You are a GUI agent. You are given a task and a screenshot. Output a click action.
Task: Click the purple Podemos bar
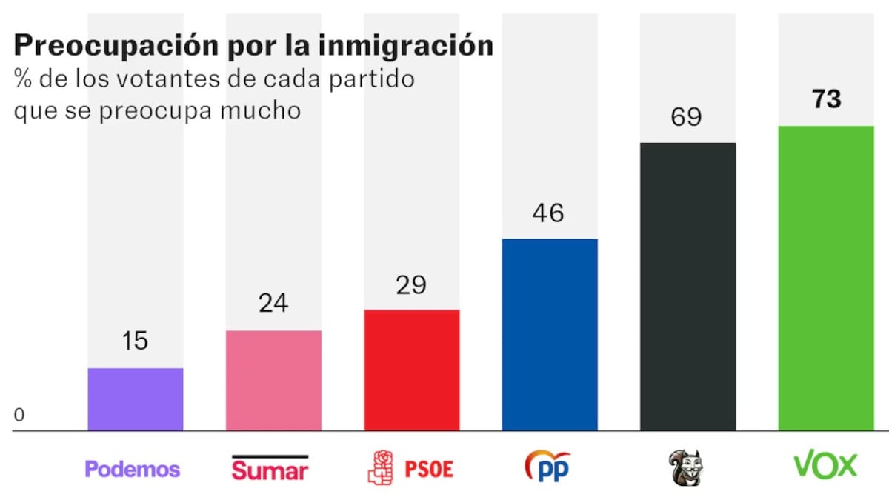click(136, 399)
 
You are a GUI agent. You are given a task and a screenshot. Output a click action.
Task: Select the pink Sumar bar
click(273, 380)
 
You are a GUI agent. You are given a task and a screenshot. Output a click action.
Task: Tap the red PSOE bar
click(411, 370)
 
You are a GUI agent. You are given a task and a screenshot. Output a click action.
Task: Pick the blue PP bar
click(550, 334)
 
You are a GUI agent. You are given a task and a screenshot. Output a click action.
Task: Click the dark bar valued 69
click(687, 286)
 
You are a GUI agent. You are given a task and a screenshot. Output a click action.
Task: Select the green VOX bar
click(826, 278)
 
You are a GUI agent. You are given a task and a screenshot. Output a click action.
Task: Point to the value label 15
click(136, 341)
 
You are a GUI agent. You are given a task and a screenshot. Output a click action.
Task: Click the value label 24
click(273, 303)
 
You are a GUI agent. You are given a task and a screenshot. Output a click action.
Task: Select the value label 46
click(548, 213)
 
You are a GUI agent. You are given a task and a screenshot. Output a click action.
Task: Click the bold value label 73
click(826, 99)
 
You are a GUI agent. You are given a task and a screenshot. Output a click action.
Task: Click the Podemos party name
click(133, 469)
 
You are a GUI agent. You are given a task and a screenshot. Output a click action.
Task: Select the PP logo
click(547, 467)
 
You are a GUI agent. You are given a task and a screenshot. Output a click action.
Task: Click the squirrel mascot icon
click(685, 467)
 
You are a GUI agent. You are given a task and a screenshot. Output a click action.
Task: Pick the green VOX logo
click(825, 465)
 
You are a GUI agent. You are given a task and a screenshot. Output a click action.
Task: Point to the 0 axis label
click(19, 416)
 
